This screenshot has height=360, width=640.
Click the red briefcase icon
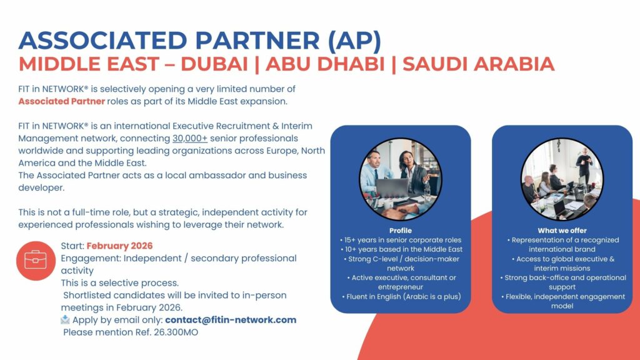pyautogui.click(x=36, y=260)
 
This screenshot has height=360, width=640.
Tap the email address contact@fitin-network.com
pyautogui.click(x=231, y=320)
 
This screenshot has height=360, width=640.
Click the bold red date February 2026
pyautogui.click(x=119, y=246)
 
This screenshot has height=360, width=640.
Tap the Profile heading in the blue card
pyautogui.click(x=400, y=231)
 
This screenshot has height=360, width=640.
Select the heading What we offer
pyautogui.click(x=562, y=231)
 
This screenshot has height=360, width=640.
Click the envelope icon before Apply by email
pyautogui.click(x=66, y=320)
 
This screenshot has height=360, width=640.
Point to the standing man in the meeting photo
pyautogui.click(x=584, y=164)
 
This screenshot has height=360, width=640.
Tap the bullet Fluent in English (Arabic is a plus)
pyautogui.click(x=400, y=296)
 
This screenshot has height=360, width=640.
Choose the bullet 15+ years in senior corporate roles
pyautogui.click(x=400, y=240)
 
